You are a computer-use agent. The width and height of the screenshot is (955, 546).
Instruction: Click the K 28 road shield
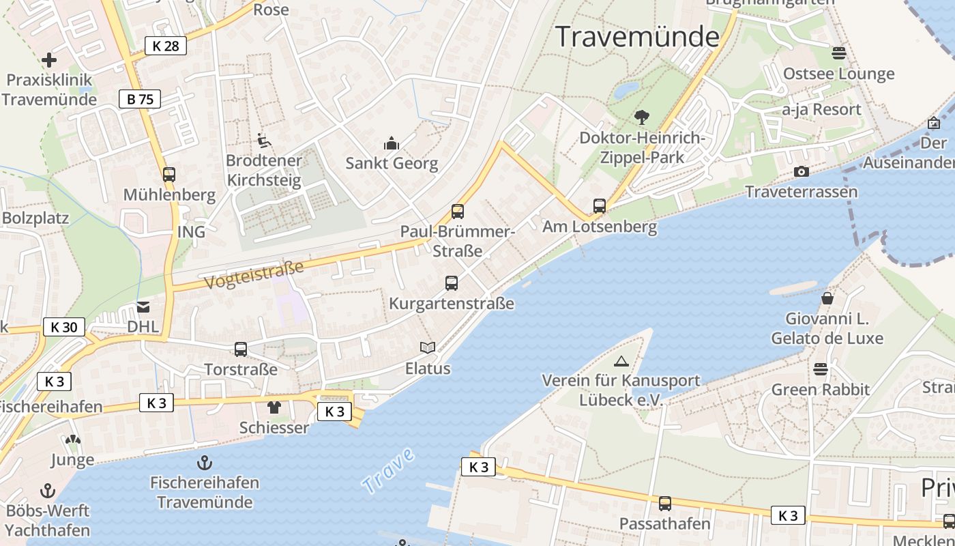click(166, 46)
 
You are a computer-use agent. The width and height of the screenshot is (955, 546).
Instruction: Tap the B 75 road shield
click(140, 99)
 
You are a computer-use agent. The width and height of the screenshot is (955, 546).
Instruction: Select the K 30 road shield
click(64, 327)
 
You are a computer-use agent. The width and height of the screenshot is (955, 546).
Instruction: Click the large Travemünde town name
click(638, 36)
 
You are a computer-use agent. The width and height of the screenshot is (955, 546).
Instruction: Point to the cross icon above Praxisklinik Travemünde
click(48, 60)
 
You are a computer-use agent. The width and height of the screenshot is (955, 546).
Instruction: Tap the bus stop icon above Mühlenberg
click(169, 175)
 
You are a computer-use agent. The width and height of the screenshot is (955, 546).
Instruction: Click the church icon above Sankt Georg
click(392, 143)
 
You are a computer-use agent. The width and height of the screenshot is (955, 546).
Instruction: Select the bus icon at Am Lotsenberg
click(600, 205)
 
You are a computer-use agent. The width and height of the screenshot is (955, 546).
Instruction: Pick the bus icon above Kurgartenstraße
click(452, 283)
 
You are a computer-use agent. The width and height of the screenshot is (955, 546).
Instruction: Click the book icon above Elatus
click(428, 348)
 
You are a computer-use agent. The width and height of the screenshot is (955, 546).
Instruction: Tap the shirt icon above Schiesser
click(274, 407)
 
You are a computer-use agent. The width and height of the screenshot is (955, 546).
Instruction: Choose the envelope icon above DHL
click(143, 306)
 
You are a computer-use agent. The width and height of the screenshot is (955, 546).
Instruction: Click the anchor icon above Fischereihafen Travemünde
click(204, 463)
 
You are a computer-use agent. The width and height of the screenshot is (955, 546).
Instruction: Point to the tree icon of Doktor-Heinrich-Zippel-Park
click(641, 117)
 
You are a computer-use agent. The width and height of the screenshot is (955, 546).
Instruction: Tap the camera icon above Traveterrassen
click(802, 171)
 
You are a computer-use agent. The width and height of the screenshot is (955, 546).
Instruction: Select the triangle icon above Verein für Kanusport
click(621, 361)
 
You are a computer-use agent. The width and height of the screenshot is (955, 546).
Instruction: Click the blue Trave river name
click(388, 470)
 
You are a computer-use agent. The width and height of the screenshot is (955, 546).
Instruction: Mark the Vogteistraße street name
click(253, 273)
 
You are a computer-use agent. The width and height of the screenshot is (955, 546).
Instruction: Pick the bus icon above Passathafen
click(665, 504)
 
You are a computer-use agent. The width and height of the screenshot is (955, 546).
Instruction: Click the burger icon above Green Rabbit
click(821, 369)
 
